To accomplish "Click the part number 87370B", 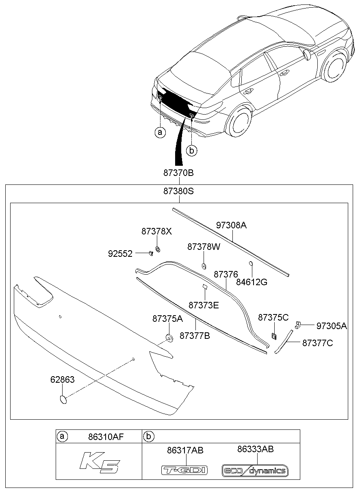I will (179, 173).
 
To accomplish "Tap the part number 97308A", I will (231, 225).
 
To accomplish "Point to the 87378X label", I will (157, 231).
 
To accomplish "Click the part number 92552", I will (120, 254).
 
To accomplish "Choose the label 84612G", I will (252, 282).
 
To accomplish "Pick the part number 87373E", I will (204, 305).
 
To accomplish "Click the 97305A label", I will (332, 325).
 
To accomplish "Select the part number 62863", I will (63, 379).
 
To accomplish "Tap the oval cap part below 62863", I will (63, 399).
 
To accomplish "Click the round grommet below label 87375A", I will (168, 338).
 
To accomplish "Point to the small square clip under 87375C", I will (274, 336).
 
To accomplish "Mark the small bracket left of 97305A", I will (298, 324).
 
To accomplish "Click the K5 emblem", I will (99, 463).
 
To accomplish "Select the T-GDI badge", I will (185, 470).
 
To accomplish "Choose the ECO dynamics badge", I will (255, 471).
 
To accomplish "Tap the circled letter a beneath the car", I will (160, 132).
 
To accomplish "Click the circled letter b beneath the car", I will (192, 150).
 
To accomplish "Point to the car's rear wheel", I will (240, 121).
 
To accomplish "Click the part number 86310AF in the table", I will (106, 437).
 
